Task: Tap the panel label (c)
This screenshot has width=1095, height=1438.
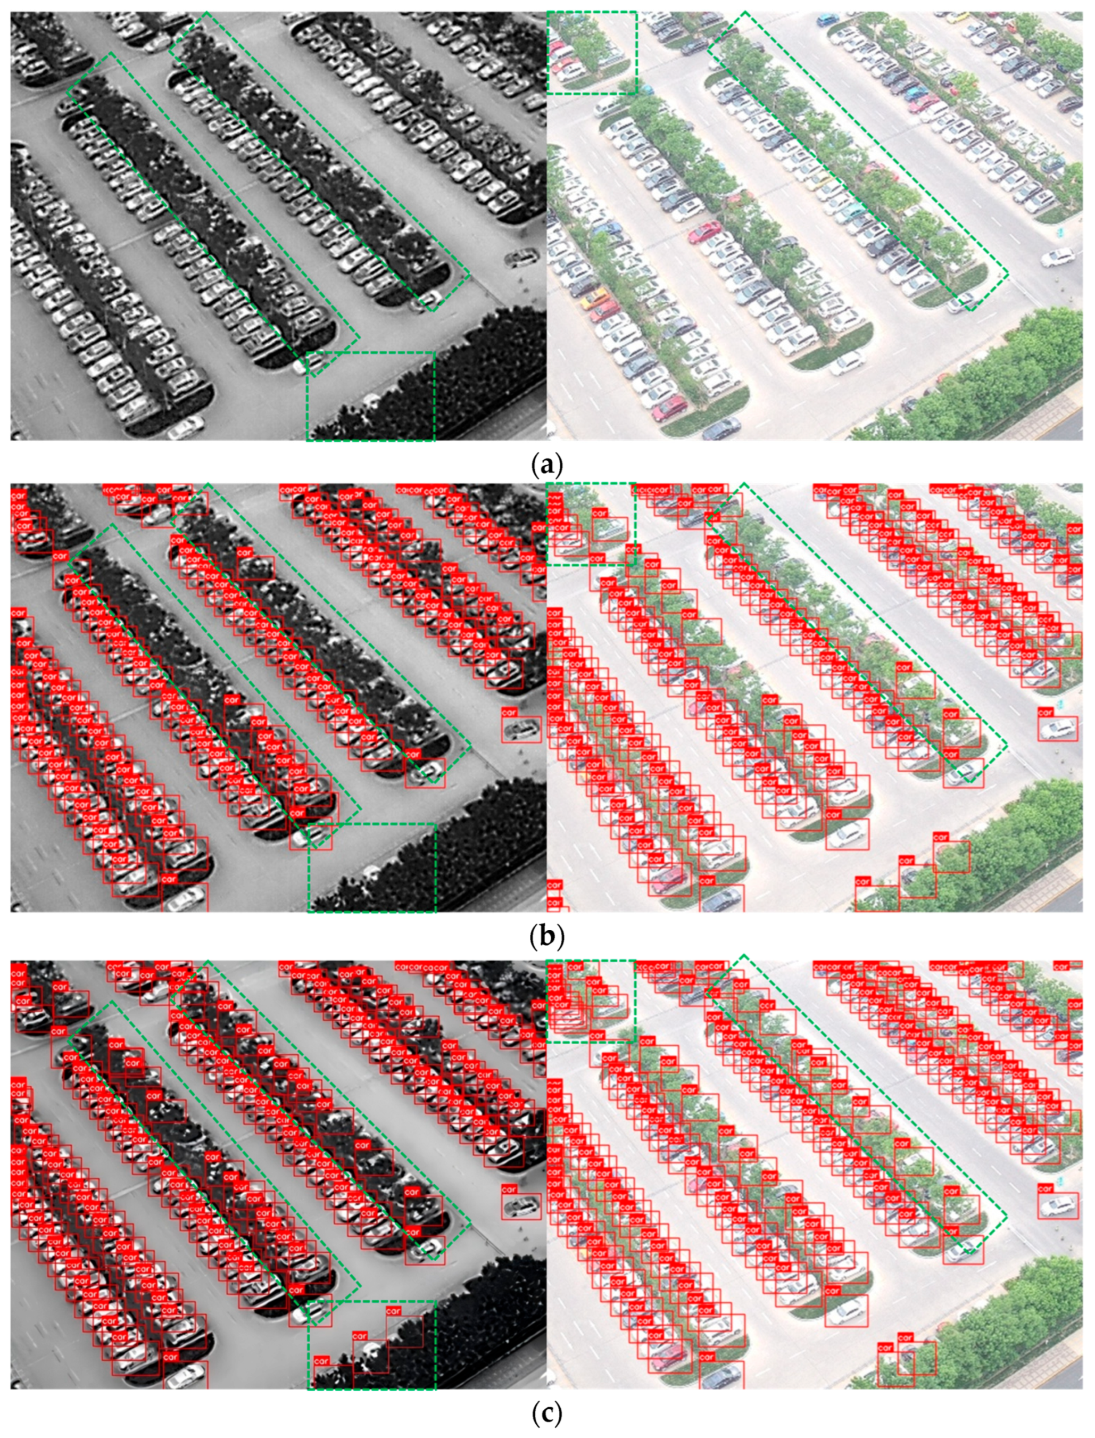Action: pos(547,1410)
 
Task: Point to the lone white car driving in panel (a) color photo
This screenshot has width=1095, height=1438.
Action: pos(1057,258)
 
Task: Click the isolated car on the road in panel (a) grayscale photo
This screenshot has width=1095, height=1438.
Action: pos(521,258)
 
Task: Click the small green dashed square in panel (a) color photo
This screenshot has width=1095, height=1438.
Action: pos(591,53)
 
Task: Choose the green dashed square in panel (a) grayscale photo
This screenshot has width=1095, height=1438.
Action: pos(370,396)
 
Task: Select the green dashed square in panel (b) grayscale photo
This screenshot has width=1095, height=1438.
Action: pos(371,867)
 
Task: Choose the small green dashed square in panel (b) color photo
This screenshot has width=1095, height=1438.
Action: pos(591,524)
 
